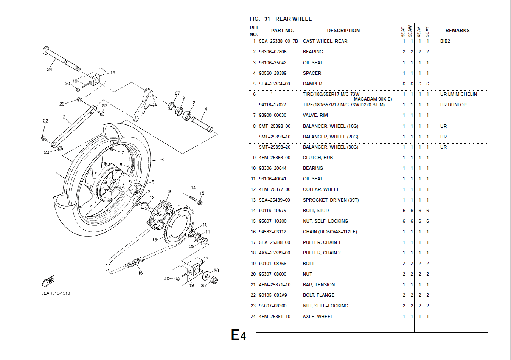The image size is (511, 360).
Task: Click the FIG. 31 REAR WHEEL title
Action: click(280, 19)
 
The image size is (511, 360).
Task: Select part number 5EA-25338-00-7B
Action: click(278, 41)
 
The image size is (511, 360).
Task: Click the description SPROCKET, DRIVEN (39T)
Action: click(331, 200)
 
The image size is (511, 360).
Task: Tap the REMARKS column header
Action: click(457, 31)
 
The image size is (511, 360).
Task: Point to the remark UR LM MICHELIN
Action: click(458, 94)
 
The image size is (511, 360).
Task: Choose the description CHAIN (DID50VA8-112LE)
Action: click(329, 232)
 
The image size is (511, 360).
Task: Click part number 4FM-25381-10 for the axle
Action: click(274, 317)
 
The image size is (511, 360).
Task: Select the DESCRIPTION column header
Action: click(343, 31)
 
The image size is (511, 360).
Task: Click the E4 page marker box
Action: click(238, 335)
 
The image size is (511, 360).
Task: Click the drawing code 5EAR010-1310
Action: click(56, 293)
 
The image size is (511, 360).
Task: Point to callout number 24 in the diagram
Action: click(50, 70)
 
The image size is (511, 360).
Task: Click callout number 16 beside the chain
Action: click(140, 273)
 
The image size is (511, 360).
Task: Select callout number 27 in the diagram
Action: click(177, 93)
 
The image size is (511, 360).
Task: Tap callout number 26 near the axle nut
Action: click(216, 270)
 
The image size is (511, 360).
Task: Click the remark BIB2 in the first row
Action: click(445, 41)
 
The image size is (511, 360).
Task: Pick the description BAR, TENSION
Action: click(318, 285)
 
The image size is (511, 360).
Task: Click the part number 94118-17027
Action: click(272, 105)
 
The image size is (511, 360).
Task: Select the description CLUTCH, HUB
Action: click(318, 158)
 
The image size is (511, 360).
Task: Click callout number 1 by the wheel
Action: click(54, 172)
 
